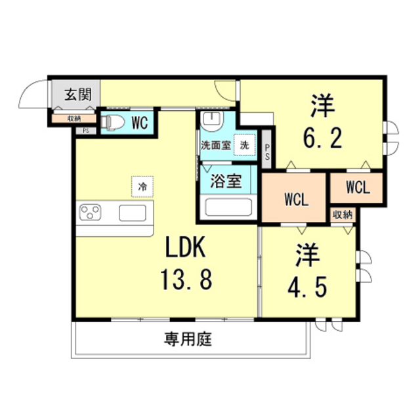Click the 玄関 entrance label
[x=77, y=94]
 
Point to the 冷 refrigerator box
[x=142, y=186]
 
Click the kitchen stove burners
[x=91, y=213]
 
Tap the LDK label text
[x=186, y=249]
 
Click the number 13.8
[x=186, y=281]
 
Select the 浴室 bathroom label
[x=225, y=182]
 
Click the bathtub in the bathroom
[x=229, y=207]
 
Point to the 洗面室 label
[x=215, y=146]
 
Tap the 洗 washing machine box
[x=244, y=145]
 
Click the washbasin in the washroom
[x=211, y=121]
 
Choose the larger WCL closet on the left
[x=295, y=198]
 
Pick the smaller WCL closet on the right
[x=356, y=188]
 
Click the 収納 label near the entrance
[x=74, y=118]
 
